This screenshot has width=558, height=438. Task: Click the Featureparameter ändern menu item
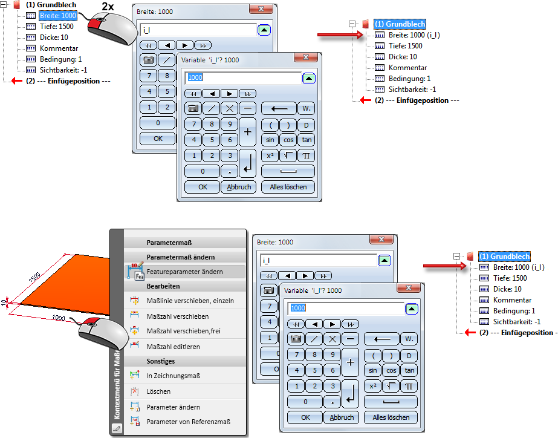pos(184,272)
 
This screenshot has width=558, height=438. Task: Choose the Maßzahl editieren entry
pos(173,347)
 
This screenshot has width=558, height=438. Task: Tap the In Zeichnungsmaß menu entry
pos(174,376)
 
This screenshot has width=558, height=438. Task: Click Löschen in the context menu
pos(158,391)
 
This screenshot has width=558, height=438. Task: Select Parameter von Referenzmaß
pos(188,422)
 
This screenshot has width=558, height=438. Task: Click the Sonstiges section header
pos(161,361)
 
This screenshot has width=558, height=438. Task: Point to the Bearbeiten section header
pos(163,286)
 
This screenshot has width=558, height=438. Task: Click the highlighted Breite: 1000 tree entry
pos(58,15)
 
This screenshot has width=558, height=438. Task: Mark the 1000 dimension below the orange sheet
pos(58,318)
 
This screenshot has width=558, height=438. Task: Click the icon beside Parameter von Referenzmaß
pos(135,422)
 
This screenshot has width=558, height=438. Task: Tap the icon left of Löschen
pos(135,391)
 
